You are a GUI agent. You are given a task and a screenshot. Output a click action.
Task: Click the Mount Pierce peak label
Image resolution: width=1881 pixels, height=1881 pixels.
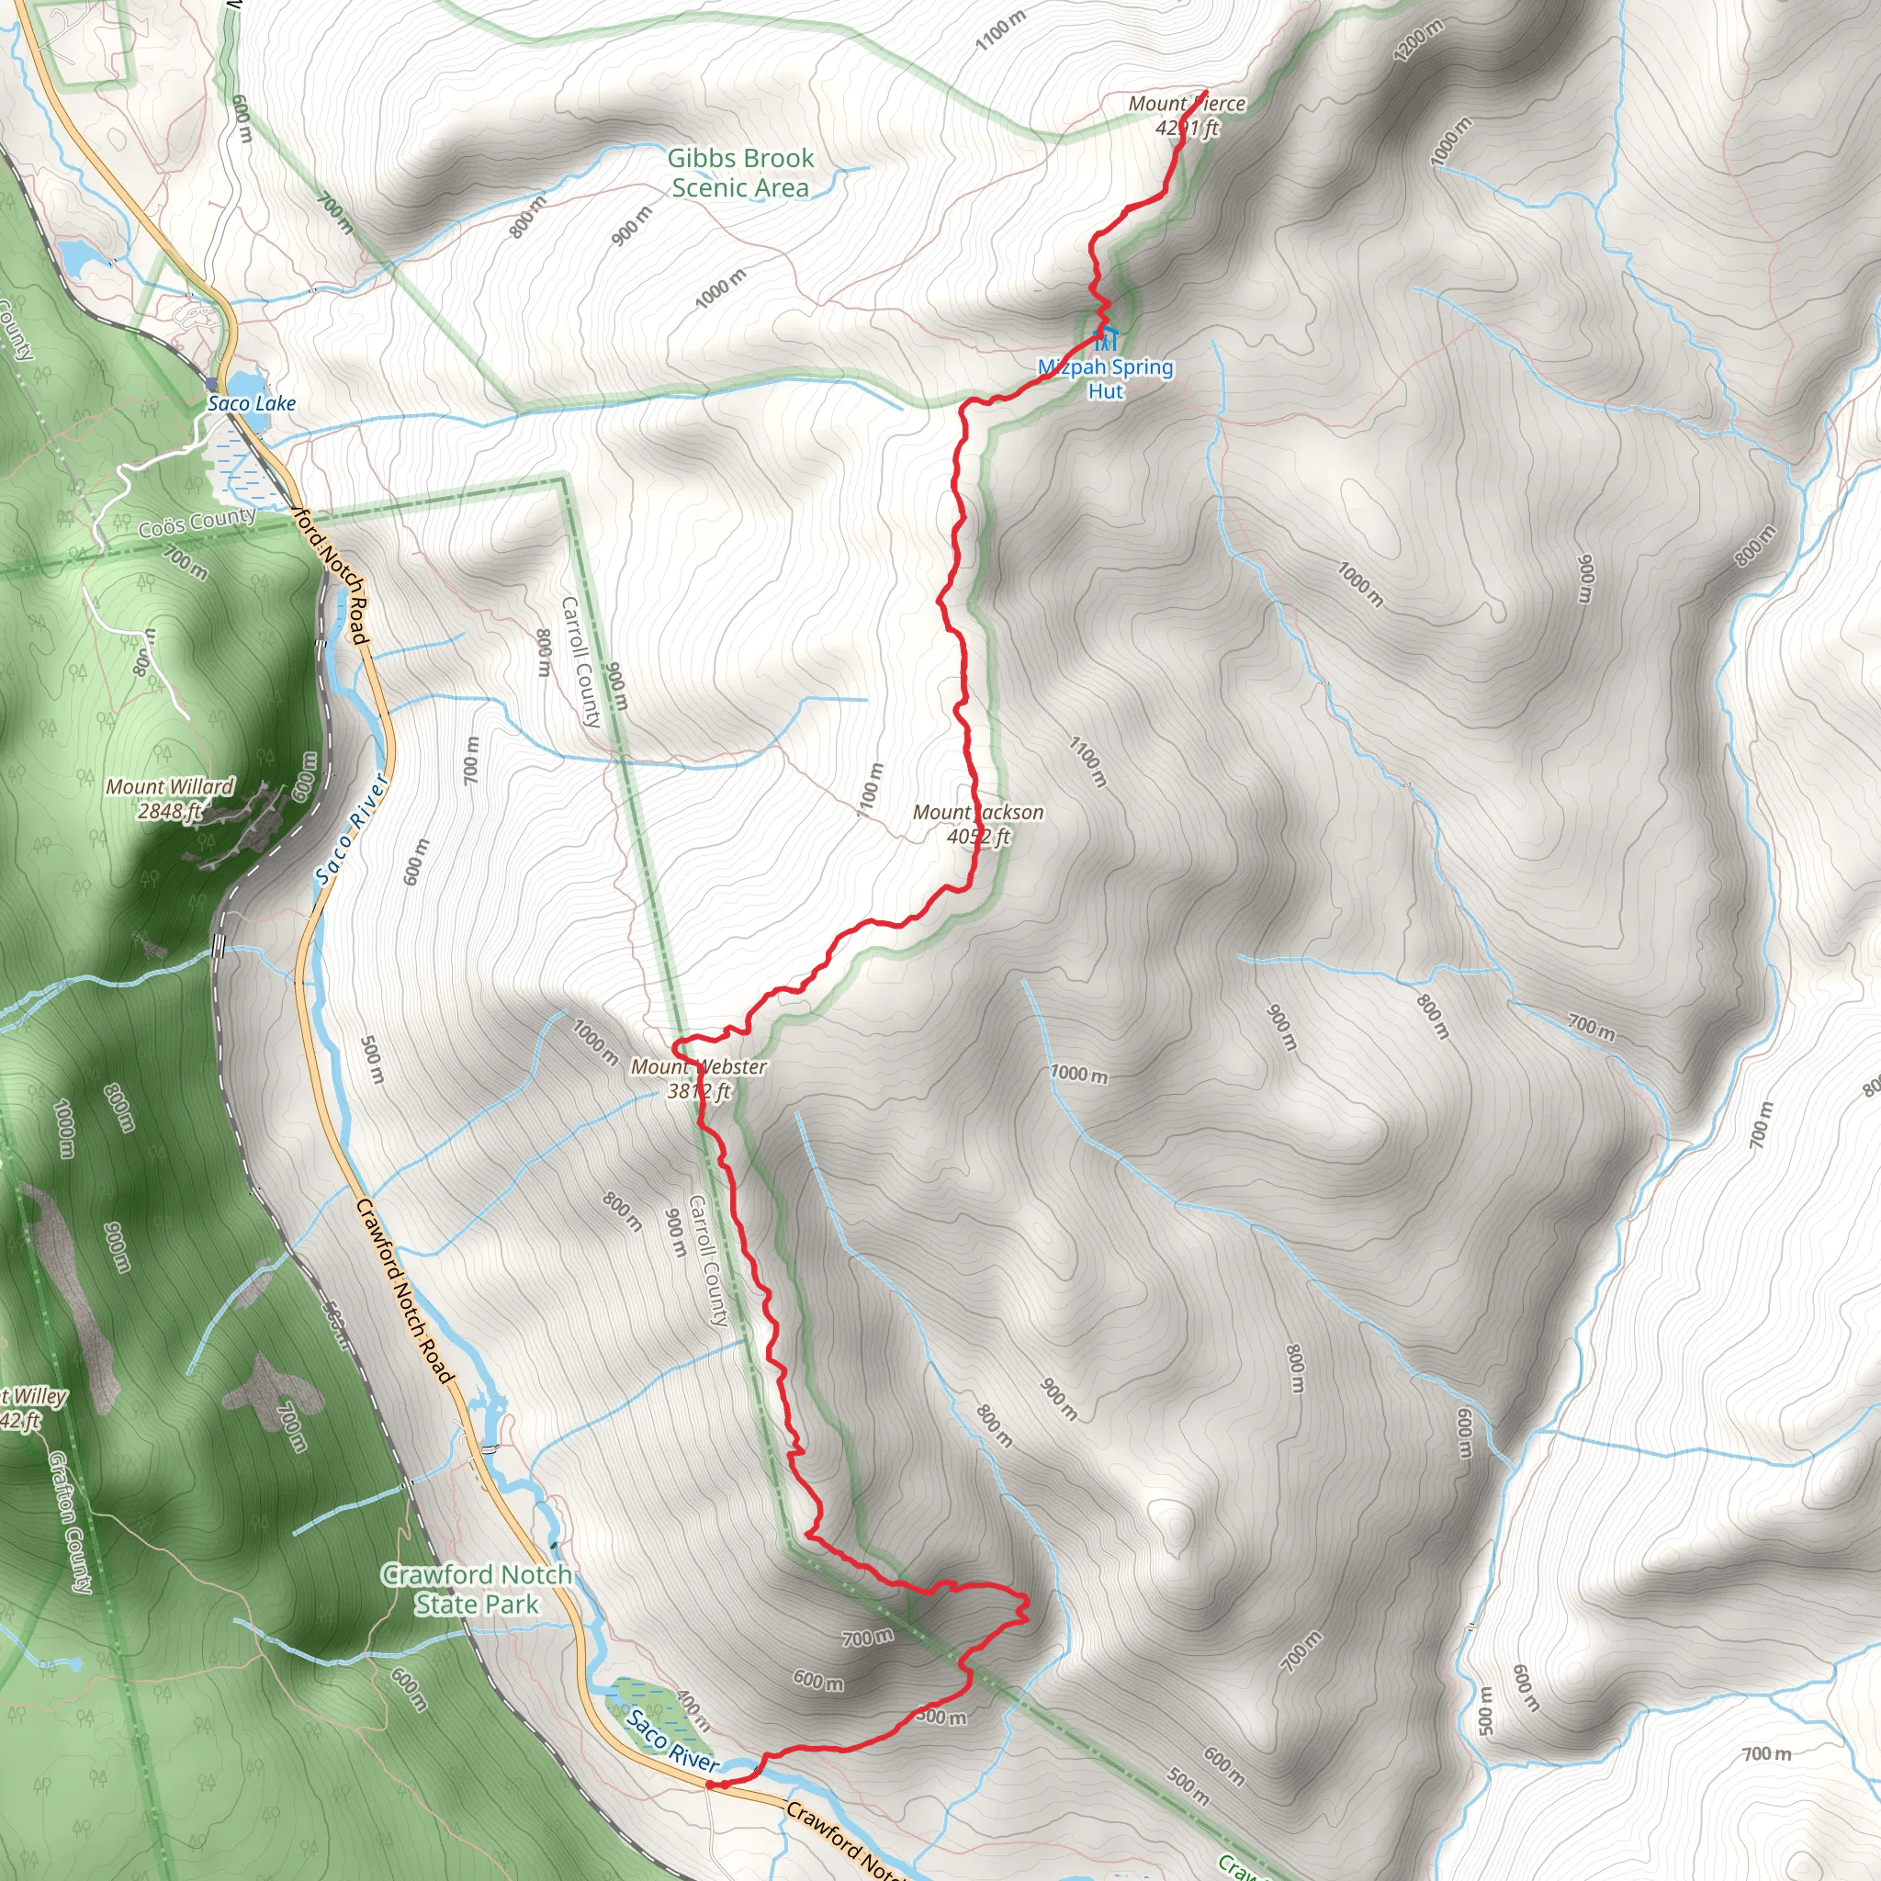pyautogui.click(x=1187, y=104)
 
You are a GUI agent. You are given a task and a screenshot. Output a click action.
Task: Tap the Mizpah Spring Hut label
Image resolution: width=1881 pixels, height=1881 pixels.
pyautogui.click(x=1106, y=378)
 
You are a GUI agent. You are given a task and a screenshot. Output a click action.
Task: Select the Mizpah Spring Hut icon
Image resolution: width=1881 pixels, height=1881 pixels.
pyautogui.click(x=1106, y=340)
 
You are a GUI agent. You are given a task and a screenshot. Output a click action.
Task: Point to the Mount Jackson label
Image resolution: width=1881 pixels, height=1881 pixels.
pyautogui.click(x=978, y=812)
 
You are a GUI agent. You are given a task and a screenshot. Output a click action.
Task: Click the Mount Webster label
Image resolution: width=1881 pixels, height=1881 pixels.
pyautogui.click(x=699, y=1067)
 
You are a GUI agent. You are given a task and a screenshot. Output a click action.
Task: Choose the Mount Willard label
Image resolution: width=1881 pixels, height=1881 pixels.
pyautogui.click(x=171, y=787)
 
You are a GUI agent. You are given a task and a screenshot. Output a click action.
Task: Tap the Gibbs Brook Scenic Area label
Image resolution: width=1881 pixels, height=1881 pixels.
pyautogui.click(x=740, y=173)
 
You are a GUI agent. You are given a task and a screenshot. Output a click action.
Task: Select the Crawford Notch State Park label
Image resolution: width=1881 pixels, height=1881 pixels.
pyautogui.click(x=476, y=1589)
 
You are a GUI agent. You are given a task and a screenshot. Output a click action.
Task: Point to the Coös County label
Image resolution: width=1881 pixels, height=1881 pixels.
pyautogui.click(x=197, y=523)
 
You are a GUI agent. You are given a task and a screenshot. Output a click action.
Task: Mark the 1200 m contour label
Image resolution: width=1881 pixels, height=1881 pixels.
pyautogui.click(x=1417, y=41)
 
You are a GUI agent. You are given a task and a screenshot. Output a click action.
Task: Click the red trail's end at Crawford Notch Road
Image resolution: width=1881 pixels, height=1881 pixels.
pyautogui.click(x=711, y=1785)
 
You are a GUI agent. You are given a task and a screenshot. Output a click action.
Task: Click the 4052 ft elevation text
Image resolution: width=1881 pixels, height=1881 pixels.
pyautogui.click(x=978, y=837)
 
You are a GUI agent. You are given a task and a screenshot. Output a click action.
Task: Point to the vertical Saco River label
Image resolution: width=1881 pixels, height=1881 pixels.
pyautogui.click(x=352, y=830)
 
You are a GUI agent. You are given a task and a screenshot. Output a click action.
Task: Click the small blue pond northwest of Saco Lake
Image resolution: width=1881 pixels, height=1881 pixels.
pyautogui.click(x=75, y=256)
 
